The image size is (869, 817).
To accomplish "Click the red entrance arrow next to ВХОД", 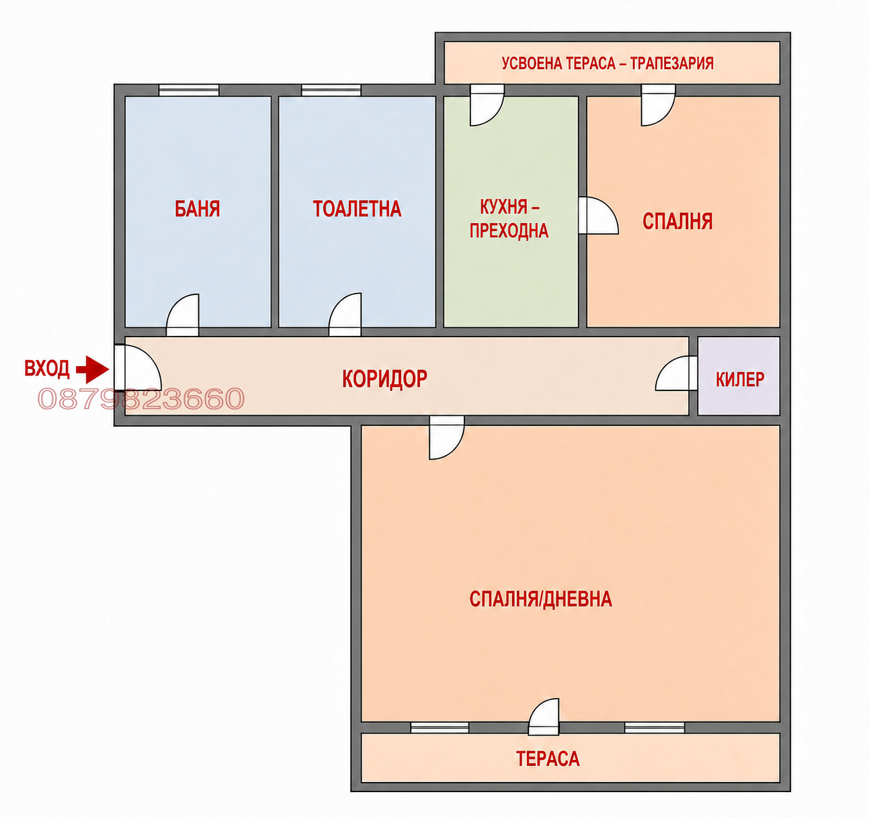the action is coord(93,370).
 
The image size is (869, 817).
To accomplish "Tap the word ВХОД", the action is coord(47,369).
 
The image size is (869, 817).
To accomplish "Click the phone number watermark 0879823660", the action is coord(141,398).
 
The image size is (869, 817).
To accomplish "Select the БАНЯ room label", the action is coord(198,209).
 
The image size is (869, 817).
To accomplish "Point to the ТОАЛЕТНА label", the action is coord(357,209).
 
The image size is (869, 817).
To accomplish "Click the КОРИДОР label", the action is coord(384,379).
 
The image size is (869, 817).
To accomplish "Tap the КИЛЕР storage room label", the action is coord(740,380).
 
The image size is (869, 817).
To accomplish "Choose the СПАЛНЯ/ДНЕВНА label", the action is coord(541,599).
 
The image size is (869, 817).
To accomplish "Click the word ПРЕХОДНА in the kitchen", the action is coord(509,230).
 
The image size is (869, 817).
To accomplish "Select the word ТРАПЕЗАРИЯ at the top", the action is coord(671,63).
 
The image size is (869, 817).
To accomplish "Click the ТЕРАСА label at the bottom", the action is coord(548,759).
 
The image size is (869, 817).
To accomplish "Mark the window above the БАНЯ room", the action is coord(189,90).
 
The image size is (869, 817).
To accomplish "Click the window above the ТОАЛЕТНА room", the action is coord(331,90).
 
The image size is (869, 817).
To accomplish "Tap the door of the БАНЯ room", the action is coord(182,315).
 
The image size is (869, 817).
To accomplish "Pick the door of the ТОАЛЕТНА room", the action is coord(345,314).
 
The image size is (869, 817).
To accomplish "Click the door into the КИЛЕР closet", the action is coord(677,374).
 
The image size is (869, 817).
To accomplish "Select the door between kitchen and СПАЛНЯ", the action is coord(599,215).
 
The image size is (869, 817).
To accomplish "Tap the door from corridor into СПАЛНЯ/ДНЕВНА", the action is coord(447,437).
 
